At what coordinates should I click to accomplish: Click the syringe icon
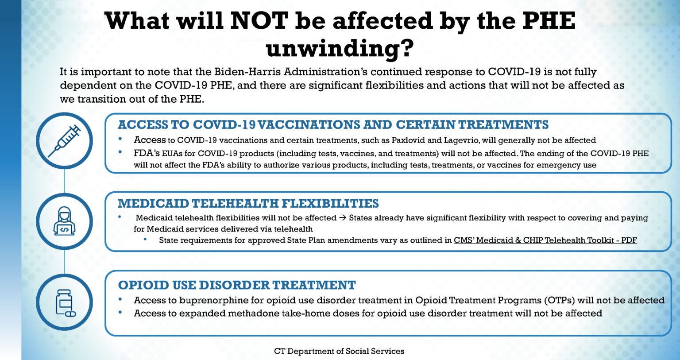coord(64,140)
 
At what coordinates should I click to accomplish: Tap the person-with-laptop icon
coord(64,221)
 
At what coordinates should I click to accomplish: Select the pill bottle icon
coord(65,303)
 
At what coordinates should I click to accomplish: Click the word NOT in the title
coord(259,21)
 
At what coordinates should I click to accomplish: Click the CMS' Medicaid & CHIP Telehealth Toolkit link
coord(545,240)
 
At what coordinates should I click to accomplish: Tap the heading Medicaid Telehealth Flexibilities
coord(248,203)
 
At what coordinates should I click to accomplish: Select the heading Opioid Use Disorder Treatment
coord(237,285)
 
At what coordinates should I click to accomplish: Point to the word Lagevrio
coord(461,140)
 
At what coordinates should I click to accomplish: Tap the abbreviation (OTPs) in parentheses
coord(560,300)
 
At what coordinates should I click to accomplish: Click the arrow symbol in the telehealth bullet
coord(343,218)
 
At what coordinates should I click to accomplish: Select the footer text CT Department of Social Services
coord(339,351)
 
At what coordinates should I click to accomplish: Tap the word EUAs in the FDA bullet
coord(172,154)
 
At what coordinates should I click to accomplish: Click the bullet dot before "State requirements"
coord(145,240)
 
